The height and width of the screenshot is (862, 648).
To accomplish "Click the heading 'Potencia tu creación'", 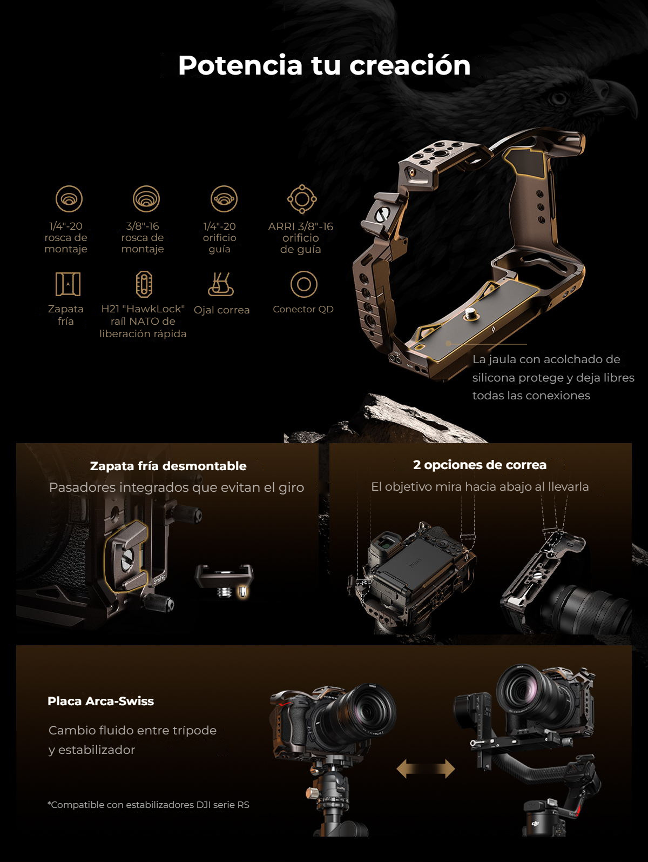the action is (x=324, y=65).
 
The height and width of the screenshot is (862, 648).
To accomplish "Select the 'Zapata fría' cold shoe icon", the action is (x=68, y=284).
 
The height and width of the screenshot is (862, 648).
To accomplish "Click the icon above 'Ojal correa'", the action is (x=221, y=284).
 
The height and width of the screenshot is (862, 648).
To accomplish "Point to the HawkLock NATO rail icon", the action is (x=144, y=284).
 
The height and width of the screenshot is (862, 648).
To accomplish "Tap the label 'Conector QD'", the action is (x=303, y=309).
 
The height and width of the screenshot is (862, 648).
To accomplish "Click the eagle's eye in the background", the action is (x=558, y=97).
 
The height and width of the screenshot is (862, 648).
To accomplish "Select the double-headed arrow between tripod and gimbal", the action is (x=426, y=769).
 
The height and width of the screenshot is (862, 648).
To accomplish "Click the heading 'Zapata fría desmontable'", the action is (x=168, y=466).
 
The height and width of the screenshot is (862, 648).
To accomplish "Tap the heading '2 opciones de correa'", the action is (x=480, y=465).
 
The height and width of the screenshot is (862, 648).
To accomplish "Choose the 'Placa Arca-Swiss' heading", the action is (x=100, y=701).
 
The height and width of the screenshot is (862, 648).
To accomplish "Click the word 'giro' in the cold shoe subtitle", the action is (x=292, y=488).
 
